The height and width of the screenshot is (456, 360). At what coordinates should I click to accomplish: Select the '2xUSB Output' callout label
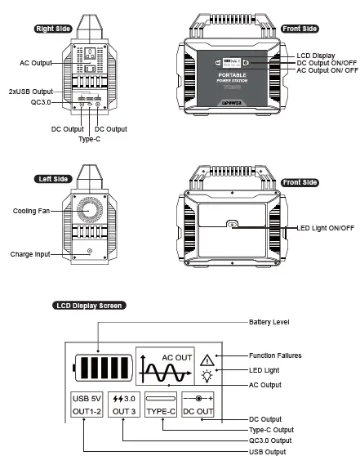[x=31, y=91]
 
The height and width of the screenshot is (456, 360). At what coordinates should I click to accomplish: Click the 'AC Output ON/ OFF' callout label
[x=327, y=70]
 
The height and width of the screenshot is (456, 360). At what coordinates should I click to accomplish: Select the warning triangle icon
[x=206, y=360]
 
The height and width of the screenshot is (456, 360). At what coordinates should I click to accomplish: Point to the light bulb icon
[x=206, y=377]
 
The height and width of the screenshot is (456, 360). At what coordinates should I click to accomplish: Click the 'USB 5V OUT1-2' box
[x=87, y=405]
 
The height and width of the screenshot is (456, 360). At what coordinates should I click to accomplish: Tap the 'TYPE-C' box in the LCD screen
[x=160, y=405]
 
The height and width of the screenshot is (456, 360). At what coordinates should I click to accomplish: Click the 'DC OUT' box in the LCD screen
[x=198, y=405]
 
